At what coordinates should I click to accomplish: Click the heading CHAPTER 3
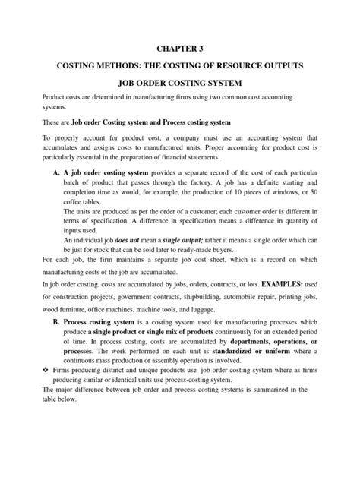tap(180, 49)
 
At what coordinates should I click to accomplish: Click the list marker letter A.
tap(57, 173)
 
